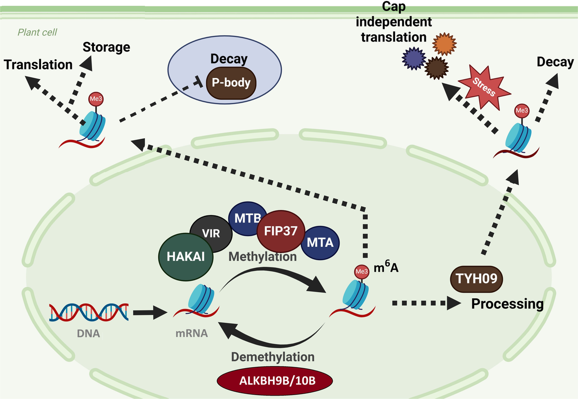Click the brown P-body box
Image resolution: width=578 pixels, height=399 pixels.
coord(231,83)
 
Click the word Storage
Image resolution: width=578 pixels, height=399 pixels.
coord(106,47)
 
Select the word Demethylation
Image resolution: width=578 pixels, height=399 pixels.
coord(273,357)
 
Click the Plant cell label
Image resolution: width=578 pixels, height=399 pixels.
coord(38,33)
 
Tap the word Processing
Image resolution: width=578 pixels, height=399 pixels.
coord(507,304)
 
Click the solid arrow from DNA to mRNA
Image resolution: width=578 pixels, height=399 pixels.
coord(149,313)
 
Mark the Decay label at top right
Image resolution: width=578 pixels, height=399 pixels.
coord(555,62)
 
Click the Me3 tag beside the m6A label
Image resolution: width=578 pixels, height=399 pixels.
coord(362,271)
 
